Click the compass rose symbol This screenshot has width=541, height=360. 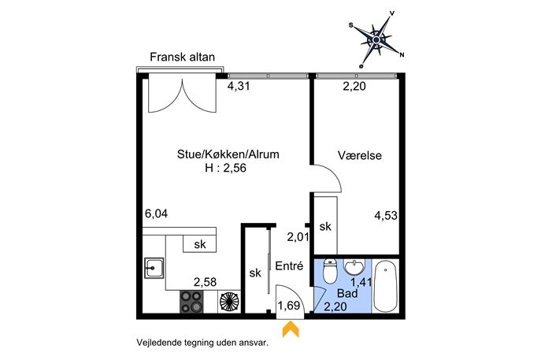(376, 39)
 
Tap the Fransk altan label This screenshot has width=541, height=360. (182, 57)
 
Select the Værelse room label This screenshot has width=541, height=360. (360, 155)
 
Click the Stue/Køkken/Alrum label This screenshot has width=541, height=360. (228, 154)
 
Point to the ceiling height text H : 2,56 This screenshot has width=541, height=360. (226, 168)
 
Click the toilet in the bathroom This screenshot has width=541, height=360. (330, 272)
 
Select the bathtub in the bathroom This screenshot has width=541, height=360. (385, 286)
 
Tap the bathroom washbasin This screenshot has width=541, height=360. (354, 267)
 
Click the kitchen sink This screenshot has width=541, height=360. (154, 268)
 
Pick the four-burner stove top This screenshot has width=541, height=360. (191, 302)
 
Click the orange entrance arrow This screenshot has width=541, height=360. (291, 329)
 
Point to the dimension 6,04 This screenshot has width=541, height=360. (156, 214)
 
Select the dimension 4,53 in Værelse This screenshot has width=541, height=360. (386, 216)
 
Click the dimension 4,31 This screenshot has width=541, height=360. (239, 86)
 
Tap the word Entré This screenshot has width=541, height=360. (289, 265)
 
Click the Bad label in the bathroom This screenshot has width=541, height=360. (347, 293)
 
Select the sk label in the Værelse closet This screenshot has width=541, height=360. (325, 226)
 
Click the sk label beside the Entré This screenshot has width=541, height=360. (255, 273)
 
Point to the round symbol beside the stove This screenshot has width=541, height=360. (229, 302)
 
